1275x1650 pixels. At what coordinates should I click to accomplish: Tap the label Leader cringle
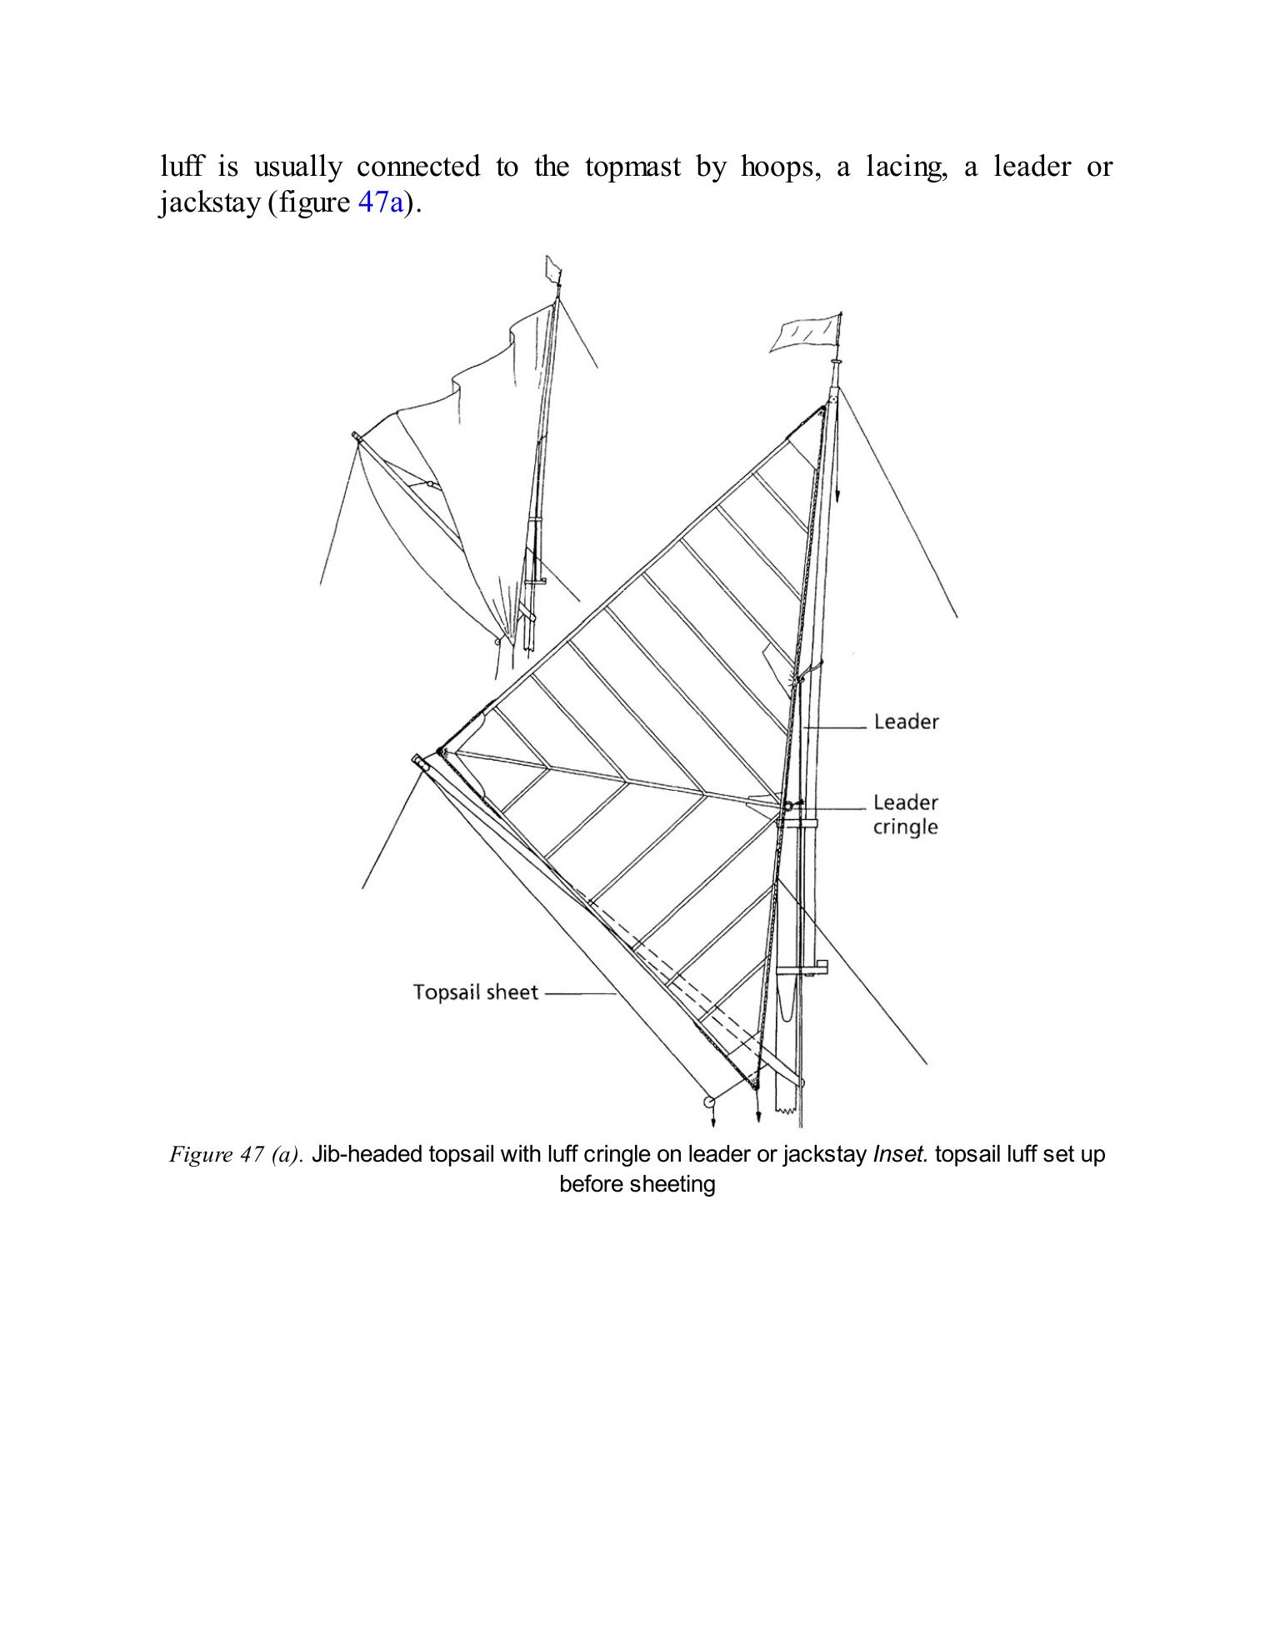point(905,814)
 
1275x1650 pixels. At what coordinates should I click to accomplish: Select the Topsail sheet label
point(476,992)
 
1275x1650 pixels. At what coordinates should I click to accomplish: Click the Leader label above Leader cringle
point(906,722)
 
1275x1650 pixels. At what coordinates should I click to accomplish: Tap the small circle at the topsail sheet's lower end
point(710,1102)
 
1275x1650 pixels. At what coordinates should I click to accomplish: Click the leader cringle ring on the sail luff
point(787,806)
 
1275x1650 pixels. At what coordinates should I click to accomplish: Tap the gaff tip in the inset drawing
point(357,436)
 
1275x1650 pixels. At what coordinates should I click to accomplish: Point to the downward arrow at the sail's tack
point(757,1114)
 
